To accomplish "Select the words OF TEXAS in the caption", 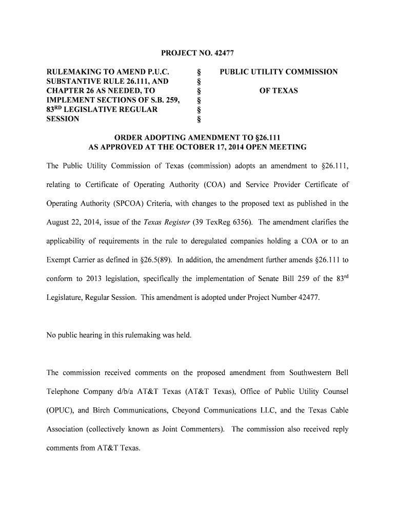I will pyautogui.click(x=279, y=91).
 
